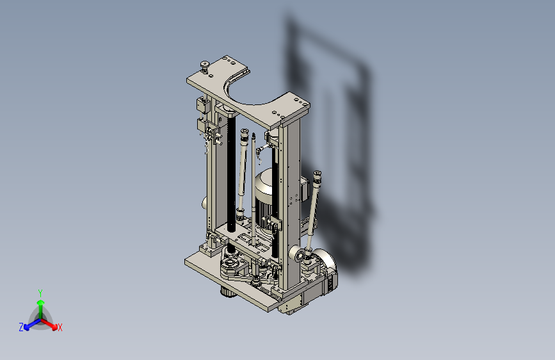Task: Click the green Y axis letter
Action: [40, 293]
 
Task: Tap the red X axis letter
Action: [60, 328]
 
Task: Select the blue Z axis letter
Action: [21, 327]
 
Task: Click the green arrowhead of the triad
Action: [41, 303]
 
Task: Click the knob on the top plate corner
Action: [205, 66]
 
